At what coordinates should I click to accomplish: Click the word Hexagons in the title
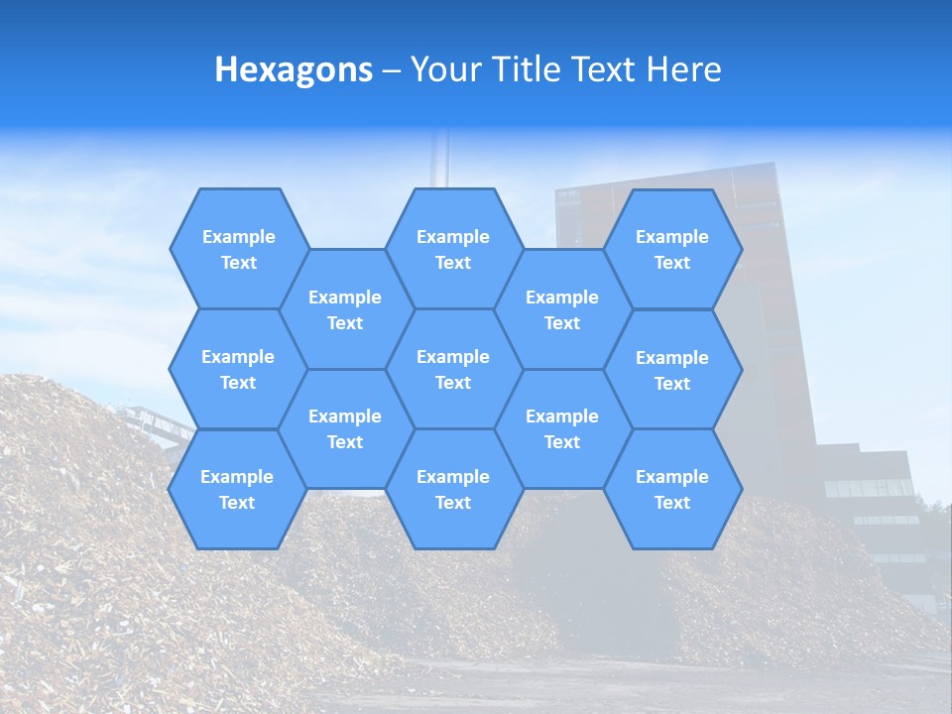[294, 69]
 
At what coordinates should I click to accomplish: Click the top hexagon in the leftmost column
[238, 249]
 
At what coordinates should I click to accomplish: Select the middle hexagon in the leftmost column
[238, 369]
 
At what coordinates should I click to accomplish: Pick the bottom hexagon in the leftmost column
[237, 489]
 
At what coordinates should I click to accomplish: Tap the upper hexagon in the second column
[345, 309]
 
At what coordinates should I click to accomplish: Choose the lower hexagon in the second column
[345, 428]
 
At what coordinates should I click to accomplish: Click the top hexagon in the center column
[453, 249]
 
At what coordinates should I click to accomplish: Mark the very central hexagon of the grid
[453, 369]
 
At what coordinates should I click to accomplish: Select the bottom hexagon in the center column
[453, 489]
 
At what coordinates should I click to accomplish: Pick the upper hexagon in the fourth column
[562, 309]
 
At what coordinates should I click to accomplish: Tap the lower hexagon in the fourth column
[562, 428]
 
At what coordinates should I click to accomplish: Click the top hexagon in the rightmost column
[672, 249]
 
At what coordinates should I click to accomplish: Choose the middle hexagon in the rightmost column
[672, 370]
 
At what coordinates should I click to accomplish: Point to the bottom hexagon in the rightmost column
[672, 489]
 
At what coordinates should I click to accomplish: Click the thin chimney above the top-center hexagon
[442, 159]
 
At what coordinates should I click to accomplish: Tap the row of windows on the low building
[870, 488]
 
